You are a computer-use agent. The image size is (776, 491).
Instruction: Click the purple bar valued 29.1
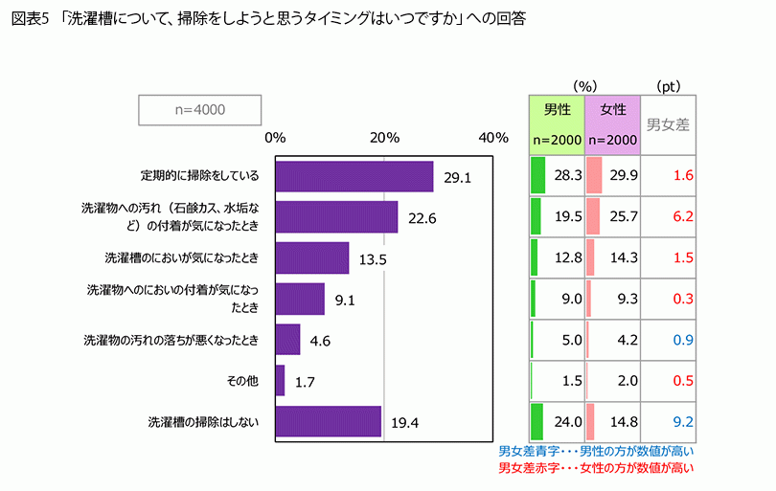[354, 177]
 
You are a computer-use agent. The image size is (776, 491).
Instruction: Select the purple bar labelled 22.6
[335, 217]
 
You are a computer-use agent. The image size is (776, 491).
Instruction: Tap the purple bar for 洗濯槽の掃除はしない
[328, 421]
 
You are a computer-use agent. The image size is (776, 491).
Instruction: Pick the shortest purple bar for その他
[280, 381]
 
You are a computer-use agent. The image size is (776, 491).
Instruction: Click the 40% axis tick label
[492, 138]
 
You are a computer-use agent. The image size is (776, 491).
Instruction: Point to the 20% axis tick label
[384, 138]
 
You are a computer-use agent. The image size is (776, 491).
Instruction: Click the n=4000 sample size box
[200, 110]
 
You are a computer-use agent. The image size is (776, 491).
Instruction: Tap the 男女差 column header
[669, 123]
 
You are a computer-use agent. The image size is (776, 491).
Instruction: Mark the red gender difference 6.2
[682, 216]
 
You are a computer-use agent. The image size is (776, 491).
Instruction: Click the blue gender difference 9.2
[682, 421]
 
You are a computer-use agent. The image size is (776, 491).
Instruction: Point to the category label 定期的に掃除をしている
[199, 176]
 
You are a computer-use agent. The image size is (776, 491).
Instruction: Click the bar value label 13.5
[372, 258]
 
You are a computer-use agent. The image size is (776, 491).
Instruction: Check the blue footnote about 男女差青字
[596, 451]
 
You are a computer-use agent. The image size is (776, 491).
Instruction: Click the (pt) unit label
[668, 85]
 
